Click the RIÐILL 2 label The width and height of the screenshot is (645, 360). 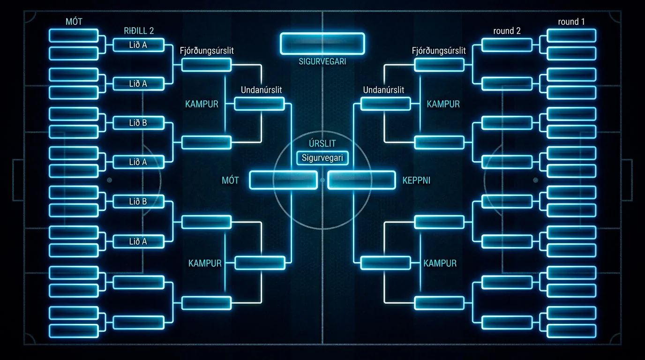pos(139,31)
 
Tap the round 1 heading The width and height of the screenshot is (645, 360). pos(571,22)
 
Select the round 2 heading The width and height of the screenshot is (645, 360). pos(507,31)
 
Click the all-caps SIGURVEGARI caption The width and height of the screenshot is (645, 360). pos(322,61)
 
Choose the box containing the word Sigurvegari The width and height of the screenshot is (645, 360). pos(322,158)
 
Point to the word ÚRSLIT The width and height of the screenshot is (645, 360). pos(322,143)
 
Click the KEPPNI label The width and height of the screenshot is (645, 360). pos(416,180)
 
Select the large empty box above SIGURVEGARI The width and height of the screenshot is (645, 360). pos(322,44)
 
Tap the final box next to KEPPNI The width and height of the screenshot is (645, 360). pos(361,180)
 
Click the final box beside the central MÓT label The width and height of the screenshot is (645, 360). pos(283,180)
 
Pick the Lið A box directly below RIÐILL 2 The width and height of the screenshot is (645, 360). pos(138,45)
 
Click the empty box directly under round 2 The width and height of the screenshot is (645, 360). pos(507,45)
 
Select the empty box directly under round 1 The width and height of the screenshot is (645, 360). pos(571,36)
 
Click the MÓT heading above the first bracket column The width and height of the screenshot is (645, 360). pos(74,22)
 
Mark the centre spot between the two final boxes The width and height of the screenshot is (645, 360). pos(322,180)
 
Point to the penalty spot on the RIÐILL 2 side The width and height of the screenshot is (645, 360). pos(109,180)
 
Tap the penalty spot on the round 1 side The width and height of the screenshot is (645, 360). pos(536,180)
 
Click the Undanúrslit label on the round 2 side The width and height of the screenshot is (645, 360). pos(383,90)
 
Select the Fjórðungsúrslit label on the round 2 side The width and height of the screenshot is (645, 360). pos(439,51)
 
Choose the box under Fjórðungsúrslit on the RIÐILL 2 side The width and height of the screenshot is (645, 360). pos(206,65)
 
